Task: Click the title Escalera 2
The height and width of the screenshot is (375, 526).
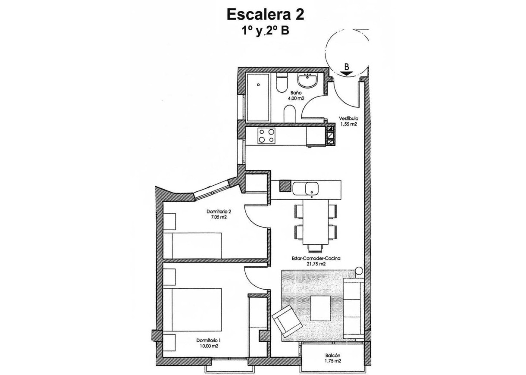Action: pos(265,14)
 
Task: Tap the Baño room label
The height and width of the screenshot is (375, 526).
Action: pos(296,93)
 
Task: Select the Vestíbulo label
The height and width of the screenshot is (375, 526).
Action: pos(348,119)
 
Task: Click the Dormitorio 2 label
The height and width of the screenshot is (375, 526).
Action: pos(219,212)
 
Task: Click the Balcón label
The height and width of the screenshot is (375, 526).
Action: pos(333,356)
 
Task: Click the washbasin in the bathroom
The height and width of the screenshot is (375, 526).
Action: pos(308,79)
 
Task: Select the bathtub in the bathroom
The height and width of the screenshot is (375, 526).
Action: pos(257,97)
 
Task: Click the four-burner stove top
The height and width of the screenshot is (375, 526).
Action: pos(267,136)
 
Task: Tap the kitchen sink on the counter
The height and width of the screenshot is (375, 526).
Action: pos(311,188)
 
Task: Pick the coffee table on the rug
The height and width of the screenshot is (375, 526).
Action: pos(320,308)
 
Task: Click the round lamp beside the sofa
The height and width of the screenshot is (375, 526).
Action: pos(358,272)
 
